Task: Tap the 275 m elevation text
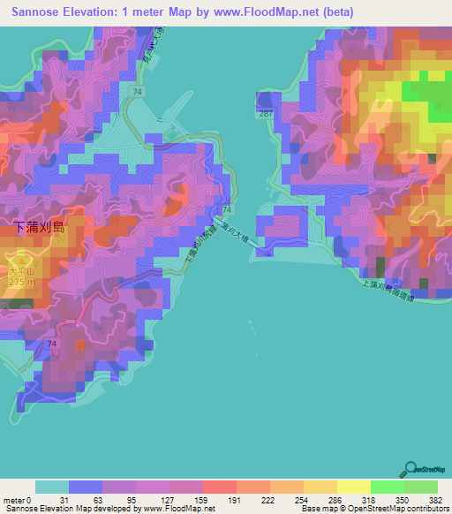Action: pos(20,281)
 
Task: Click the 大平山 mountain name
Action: pos(19,271)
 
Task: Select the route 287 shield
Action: pos(265,114)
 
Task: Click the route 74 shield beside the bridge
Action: pos(227,210)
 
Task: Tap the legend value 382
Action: pos(434,501)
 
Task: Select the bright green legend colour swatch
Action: pos(387,487)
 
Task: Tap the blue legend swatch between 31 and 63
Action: pos(86,487)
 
